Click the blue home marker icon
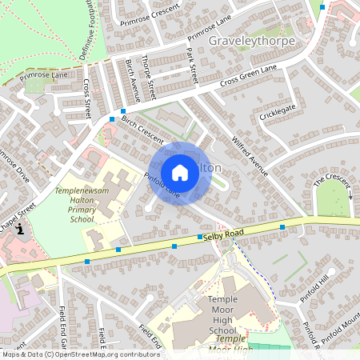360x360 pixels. click(180, 172)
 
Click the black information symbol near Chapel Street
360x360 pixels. click(19, 228)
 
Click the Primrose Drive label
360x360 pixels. click(14, 165)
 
